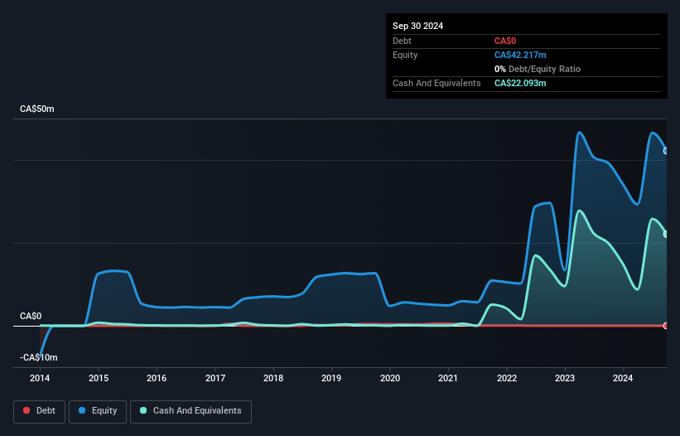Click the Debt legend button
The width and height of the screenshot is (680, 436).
[38, 410]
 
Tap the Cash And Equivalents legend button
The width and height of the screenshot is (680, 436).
[190, 410]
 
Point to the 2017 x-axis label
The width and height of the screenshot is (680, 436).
[215, 378]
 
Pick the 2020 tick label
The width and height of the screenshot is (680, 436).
[390, 378]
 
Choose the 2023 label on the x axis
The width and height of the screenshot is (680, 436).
[565, 378]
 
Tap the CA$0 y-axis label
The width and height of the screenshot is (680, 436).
[31, 316]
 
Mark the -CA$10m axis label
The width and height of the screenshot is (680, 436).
[38, 357]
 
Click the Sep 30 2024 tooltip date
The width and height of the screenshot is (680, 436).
[417, 26]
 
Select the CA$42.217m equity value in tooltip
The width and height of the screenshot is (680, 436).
[521, 55]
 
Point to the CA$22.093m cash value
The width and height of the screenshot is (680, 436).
[521, 83]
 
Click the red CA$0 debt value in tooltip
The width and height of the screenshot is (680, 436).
[505, 41]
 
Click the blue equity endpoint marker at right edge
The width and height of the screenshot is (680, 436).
[666, 151]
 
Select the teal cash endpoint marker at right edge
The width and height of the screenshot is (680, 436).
[666, 235]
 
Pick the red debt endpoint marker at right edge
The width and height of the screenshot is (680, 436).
[666, 325]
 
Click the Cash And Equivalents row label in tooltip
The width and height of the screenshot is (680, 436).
[436, 83]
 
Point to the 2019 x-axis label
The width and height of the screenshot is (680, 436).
[331, 378]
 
